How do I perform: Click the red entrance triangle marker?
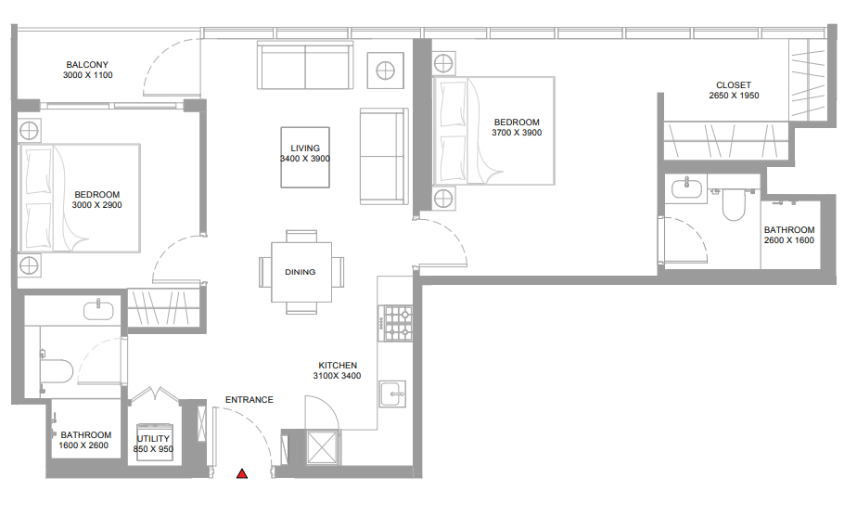click(x=242, y=474)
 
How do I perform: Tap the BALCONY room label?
click(x=87, y=65)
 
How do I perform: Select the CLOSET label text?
click(x=734, y=84)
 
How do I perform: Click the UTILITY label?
click(x=153, y=438)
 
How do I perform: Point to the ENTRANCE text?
click(x=249, y=400)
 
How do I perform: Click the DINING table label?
click(x=301, y=272)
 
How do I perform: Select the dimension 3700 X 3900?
click(x=517, y=133)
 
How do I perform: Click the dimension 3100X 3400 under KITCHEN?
click(x=338, y=376)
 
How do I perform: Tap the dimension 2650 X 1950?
click(x=734, y=95)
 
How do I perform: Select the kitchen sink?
click(x=392, y=393)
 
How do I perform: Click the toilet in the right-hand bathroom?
click(x=734, y=204)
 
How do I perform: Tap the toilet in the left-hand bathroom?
click(x=57, y=370)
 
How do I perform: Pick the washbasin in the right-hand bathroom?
click(x=686, y=188)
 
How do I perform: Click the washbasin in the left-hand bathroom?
click(x=98, y=311)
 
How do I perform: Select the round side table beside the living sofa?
click(x=385, y=71)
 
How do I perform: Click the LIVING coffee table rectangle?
click(x=305, y=158)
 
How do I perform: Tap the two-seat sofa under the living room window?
click(x=305, y=65)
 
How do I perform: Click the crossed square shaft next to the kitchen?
click(x=323, y=447)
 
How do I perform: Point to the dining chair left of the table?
click(x=265, y=272)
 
